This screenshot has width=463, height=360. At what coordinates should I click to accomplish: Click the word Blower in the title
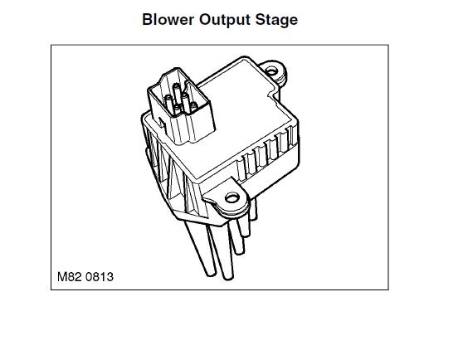tap(168, 19)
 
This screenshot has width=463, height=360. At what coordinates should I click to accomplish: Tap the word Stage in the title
tap(276, 20)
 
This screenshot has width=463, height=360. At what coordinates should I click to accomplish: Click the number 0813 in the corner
tap(100, 277)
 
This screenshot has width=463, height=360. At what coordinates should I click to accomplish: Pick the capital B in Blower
tap(148, 19)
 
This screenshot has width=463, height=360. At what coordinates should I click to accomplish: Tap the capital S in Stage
tap(261, 19)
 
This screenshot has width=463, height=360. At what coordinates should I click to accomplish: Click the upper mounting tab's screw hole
tap(271, 71)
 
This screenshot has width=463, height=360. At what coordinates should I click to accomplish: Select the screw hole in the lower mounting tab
tap(232, 197)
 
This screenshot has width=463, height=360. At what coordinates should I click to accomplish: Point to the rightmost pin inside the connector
tap(193, 106)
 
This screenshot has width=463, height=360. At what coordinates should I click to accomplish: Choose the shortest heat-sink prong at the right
tap(253, 210)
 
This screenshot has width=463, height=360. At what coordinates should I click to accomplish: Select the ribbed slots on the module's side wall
tap(267, 153)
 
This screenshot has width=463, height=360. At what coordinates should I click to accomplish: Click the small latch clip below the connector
tap(162, 123)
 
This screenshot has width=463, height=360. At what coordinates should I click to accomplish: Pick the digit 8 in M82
tap(71, 277)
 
